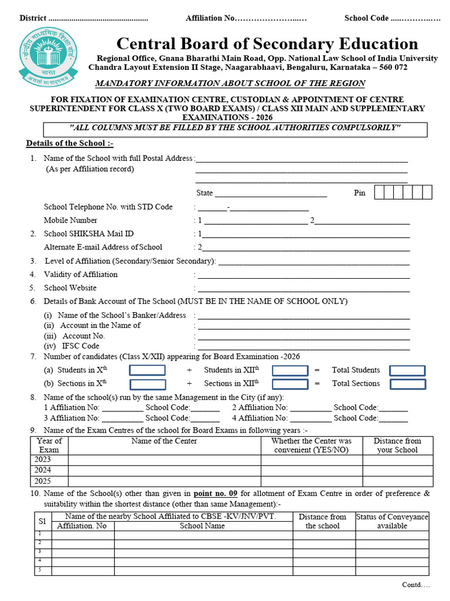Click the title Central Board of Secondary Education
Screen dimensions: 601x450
[x=267, y=44]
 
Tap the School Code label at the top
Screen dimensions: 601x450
[x=366, y=18]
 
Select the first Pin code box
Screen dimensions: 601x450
[x=380, y=192]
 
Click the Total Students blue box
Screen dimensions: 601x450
[x=407, y=370]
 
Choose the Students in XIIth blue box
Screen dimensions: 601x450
[x=290, y=370]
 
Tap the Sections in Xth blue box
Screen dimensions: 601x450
[x=147, y=384]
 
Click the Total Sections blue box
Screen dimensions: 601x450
[x=407, y=384]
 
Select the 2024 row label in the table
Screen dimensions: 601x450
[x=43, y=470]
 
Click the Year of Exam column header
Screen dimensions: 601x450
[x=49, y=445]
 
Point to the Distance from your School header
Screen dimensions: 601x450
[x=397, y=445]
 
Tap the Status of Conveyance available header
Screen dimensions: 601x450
[x=392, y=521]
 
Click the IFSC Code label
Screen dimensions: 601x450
[x=72, y=346]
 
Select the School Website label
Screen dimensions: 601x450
[x=70, y=288]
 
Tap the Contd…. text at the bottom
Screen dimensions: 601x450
[x=415, y=585]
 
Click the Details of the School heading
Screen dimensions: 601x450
[x=69, y=144]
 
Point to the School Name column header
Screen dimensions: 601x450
[x=202, y=526]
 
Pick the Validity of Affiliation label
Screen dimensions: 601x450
[x=80, y=275]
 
